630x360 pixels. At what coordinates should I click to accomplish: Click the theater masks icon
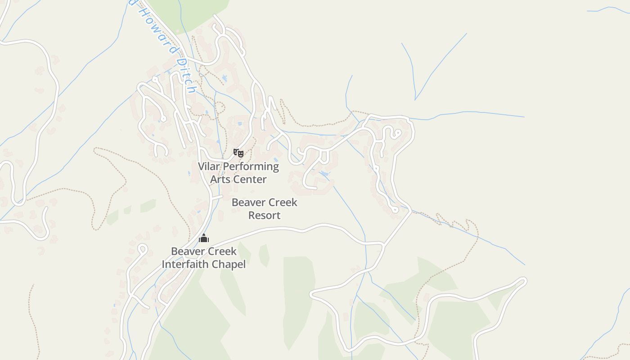click(238, 153)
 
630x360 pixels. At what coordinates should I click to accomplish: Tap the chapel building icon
click(204, 238)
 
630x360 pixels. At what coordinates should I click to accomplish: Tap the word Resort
click(265, 216)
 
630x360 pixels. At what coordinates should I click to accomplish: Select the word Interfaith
click(185, 264)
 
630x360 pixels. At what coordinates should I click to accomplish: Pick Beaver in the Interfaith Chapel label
click(187, 251)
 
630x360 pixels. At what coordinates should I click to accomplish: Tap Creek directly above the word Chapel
click(221, 251)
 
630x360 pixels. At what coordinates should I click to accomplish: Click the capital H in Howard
click(141, 9)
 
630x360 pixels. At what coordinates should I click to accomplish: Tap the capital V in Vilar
click(202, 166)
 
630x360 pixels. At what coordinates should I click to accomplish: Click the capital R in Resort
click(252, 216)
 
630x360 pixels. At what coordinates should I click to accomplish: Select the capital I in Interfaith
click(163, 264)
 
